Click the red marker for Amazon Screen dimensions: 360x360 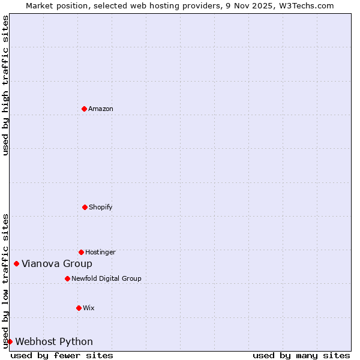tap(84, 109)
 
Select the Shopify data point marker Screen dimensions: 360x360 tap(85, 207)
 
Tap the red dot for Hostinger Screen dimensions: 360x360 tap(81, 252)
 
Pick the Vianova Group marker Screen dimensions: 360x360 tap(16, 263)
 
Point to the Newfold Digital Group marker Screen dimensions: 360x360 tap(67, 278)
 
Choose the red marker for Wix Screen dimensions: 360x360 tap(79, 308)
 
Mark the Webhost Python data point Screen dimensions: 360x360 tap(10, 341)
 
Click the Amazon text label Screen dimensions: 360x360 tap(101, 109)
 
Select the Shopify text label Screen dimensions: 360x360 tap(101, 207)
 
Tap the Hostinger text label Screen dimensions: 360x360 tap(100, 252)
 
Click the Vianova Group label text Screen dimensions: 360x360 tap(57, 263)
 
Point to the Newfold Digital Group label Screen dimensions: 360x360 tap(106, 278)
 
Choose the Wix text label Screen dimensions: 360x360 tap(89, 308)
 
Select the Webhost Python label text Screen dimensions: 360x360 tap(54, 341)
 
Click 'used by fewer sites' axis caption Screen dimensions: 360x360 tap(62, 355)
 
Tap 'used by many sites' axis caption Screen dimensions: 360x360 tap(301, 355)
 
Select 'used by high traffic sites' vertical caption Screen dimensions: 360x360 tap(5, 85)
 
